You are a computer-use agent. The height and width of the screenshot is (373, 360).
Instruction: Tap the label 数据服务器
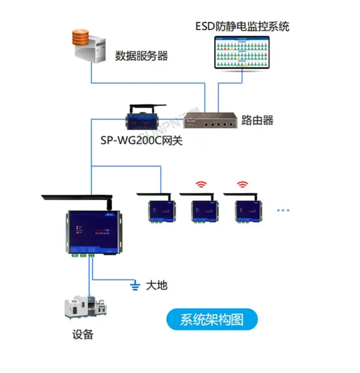(141, 56)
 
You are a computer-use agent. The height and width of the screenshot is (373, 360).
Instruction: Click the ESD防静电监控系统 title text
(242, 26)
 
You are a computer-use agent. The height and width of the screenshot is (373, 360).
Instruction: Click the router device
(210, 120)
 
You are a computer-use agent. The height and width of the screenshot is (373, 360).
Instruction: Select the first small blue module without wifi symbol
(159, 210)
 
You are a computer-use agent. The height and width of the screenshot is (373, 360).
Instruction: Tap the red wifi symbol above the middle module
(202, 185)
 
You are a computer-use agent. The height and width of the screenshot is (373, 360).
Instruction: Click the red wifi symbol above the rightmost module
(242, 185)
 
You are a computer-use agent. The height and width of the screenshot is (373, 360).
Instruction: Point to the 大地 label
(156, 285)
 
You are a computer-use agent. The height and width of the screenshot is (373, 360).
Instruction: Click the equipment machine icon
(82, 310)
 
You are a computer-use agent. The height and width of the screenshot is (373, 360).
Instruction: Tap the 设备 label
(83, 335)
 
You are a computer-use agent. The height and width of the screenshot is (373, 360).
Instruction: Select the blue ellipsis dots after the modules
(285, 210)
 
